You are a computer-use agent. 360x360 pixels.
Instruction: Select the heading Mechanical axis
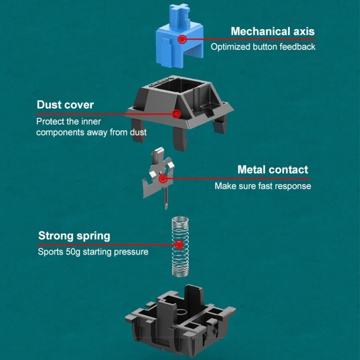click(273, 32)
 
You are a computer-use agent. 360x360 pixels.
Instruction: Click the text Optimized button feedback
click(263, 47)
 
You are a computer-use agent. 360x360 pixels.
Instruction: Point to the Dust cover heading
click(65, 105)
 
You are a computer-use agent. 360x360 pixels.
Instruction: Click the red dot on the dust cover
click(176, 114)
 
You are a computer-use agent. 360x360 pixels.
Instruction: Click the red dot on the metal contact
click(163, 179)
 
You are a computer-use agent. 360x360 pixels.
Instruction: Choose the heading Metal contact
click(273, 170)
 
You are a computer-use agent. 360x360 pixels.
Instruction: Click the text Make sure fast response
click(263, 186)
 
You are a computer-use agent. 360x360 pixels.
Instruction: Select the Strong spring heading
click(74, 236)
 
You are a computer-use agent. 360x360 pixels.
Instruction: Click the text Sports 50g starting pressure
click(93, 252)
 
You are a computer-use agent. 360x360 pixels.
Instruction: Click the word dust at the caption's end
click(137, 132)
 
